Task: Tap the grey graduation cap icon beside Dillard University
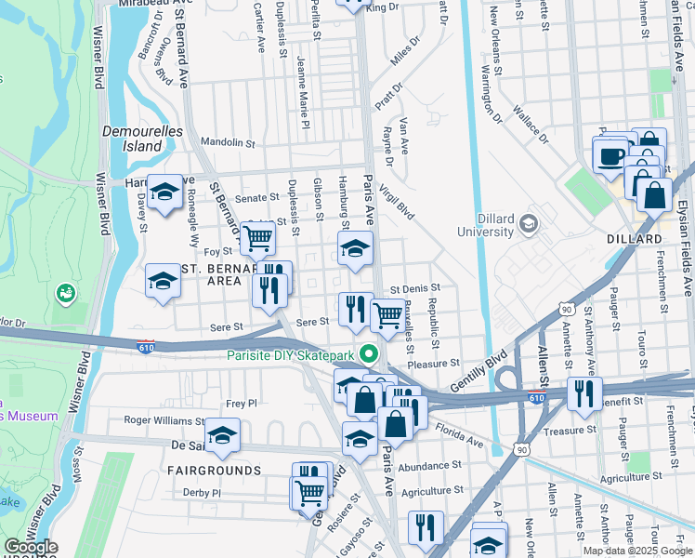[x=529, y=223]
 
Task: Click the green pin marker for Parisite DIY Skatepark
[x=369, y=354]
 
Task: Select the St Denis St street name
[x=414, y=289]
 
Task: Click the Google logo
[x=31, y=547]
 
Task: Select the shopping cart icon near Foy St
[x=257, y=238]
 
